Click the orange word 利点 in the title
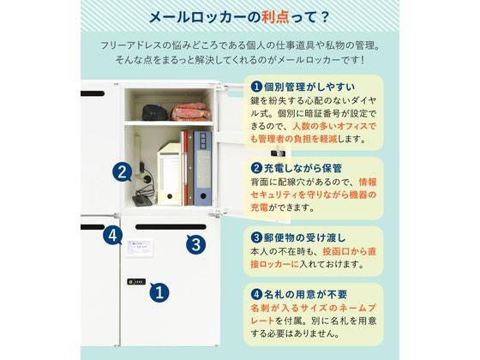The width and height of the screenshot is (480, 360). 275,17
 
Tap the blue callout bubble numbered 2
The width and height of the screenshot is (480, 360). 122,172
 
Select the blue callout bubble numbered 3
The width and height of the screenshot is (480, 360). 196,244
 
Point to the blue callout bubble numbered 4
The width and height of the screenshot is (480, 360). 112,235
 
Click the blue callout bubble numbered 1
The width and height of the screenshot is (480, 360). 159,292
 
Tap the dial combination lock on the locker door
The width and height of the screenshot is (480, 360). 136,282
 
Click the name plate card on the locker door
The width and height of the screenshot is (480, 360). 139,247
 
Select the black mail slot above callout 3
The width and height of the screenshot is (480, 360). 171,227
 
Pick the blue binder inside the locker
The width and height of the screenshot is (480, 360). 202,168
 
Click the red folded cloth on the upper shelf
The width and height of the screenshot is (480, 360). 190,111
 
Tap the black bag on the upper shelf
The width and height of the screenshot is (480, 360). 154,112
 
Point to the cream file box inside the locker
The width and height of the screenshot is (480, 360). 170,173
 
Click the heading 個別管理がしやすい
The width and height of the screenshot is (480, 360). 309,87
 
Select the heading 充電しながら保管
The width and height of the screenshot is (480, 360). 303,168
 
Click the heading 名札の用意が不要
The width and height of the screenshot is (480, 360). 305,295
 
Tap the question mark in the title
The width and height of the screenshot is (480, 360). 325,17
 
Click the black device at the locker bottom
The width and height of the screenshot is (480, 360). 142,201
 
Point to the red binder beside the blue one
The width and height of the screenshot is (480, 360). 185,168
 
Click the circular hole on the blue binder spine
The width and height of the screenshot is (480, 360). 203,195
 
